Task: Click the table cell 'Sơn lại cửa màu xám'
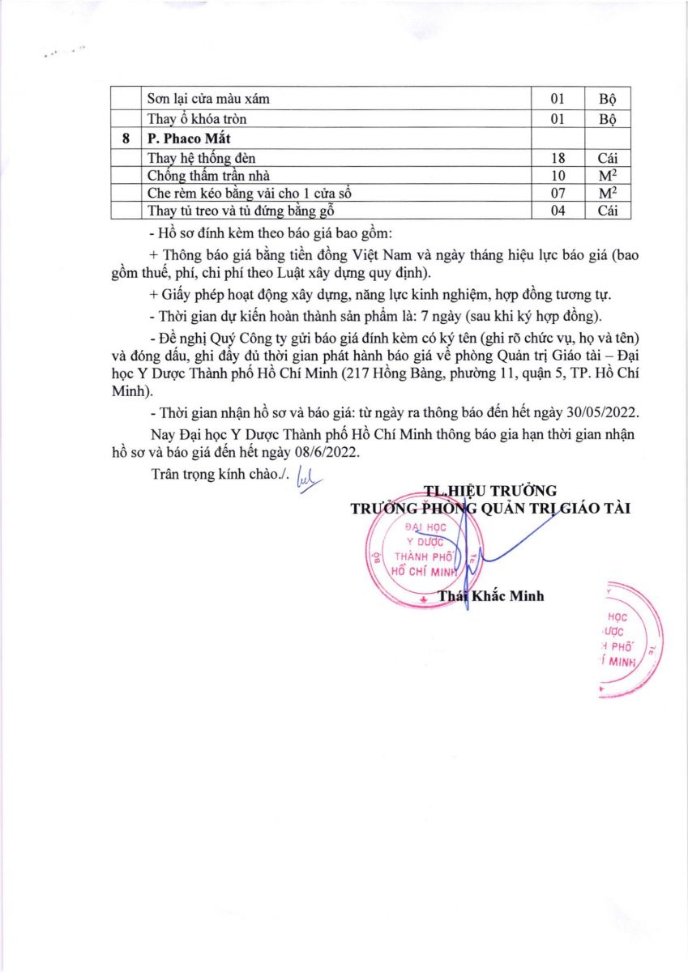pos(209,99)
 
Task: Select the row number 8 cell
pos(126,139)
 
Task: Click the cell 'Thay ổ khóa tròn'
pos(197,119)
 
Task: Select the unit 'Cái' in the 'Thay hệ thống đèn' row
pos(607,157)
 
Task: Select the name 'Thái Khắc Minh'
pos(490,596)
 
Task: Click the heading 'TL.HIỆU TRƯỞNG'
pos(490,490)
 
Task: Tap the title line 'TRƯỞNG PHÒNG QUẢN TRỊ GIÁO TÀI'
pos(489,508)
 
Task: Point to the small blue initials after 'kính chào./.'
pos(310,478)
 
